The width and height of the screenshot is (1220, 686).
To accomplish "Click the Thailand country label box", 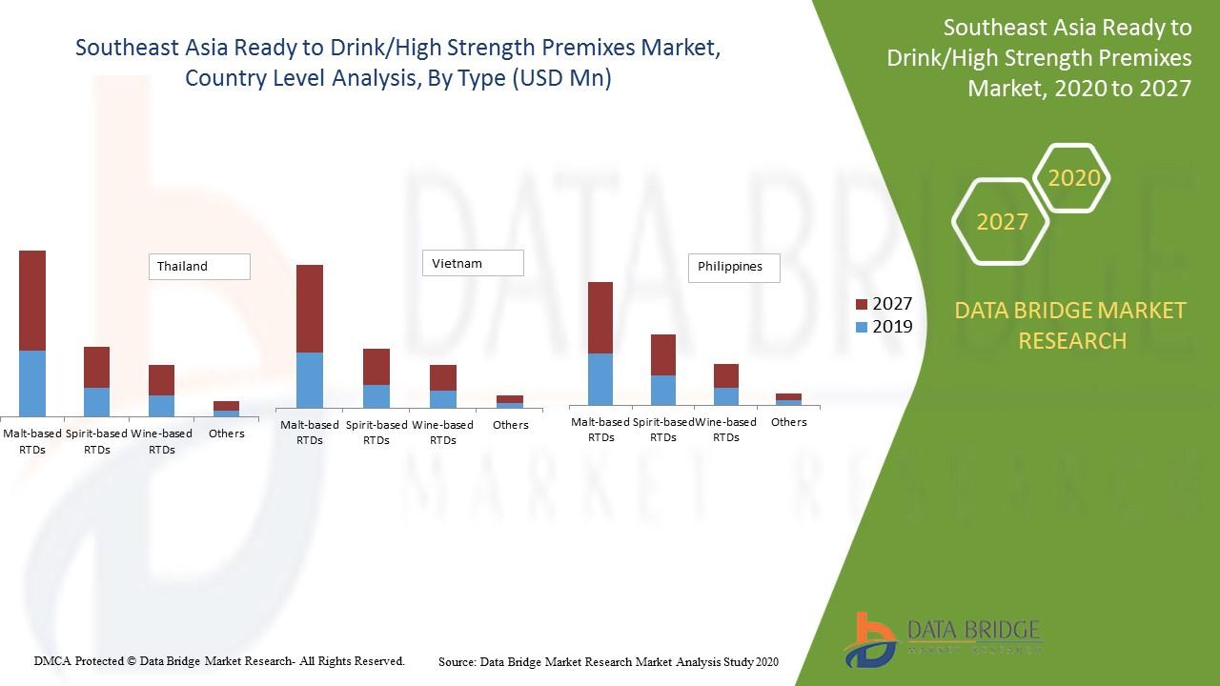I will point(199,267).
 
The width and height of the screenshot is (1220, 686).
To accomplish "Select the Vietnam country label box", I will point(473,263).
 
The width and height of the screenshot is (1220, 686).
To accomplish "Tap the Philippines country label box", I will point(733,268).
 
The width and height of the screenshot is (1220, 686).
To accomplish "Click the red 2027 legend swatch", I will point(862,304).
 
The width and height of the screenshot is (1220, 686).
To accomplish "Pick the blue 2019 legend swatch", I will point(862,327).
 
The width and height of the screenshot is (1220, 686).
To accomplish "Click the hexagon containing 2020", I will point(1072,178).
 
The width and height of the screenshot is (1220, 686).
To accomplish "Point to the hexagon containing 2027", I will point(1001,222).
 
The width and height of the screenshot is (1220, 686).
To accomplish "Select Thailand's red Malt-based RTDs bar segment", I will point(32,300).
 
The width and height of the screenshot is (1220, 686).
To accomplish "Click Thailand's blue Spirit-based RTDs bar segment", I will point(96,401).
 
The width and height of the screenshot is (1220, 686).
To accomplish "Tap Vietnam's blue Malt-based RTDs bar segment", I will point(310,380).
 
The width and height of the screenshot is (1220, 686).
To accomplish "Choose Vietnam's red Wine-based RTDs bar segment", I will point(443,377).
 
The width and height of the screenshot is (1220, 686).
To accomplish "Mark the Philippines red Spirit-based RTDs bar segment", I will point(663,354).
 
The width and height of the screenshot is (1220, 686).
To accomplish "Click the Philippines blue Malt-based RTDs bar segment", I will point(600,379).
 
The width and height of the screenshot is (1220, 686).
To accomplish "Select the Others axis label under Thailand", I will point(227,434).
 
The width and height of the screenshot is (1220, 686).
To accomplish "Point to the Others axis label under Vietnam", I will point(511,425).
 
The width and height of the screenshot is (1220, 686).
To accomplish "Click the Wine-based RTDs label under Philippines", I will point(726,430).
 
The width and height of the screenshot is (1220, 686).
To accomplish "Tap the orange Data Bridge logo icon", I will point(868,638).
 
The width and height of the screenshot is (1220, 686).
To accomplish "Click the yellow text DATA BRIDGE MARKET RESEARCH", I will point(1071,325).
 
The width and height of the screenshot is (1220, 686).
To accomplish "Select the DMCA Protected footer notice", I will point(219,660).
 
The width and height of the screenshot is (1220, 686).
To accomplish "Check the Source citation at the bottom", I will point(608,661).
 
